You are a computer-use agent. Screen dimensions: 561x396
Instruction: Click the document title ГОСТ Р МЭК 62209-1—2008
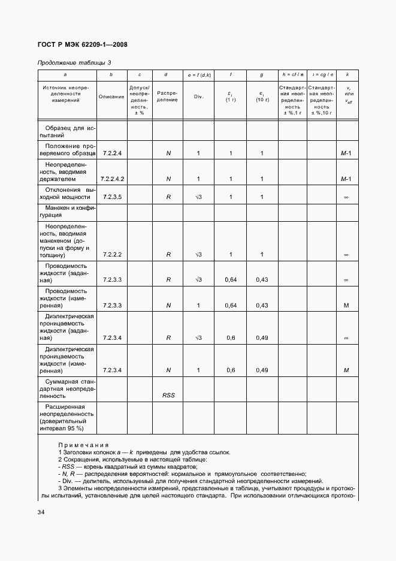pyautogui.click(x=83, y=44)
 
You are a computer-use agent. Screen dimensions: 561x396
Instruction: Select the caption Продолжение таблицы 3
pyautogui.click(x=74, y=62)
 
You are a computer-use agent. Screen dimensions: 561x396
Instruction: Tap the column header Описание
pyautogui.click(x=111, y=96)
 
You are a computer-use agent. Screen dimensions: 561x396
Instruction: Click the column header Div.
pyautogui.click(x=198, y=96)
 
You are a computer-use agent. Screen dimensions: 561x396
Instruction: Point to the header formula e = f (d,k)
pyautogui.click(x=198, y=74)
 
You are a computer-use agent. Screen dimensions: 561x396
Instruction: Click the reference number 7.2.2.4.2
pyautogui.click(x=112, y=179)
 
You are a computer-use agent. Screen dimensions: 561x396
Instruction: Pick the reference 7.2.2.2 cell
pyautogui.click(x=112, y=254)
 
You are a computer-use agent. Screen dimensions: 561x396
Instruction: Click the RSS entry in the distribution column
pyautogui.click(x=168, y=396)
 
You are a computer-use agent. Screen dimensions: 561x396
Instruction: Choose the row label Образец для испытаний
pyautogui.click(x=66, y=132)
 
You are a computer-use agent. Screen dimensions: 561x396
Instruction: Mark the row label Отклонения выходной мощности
pyautogui.click(x=66, y=193)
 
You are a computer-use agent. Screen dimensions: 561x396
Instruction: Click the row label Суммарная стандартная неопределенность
pyautogui.click(x=66, y=388)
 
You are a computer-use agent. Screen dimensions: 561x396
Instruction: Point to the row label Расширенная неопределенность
pyautogui.click(x=66, y=417)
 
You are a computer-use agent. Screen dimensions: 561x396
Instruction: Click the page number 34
pyautogui.click(x=41, y=512)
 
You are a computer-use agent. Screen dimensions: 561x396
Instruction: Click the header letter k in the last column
pyautogui.click(x=347, y=74)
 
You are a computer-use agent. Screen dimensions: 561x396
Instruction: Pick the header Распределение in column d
pyautogui.click(x=168, y=96)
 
